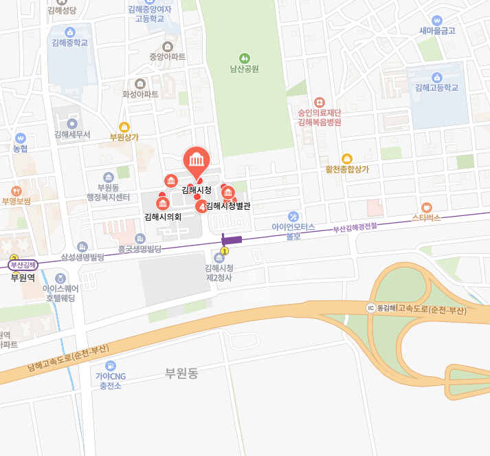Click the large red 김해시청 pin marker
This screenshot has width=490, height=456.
(x=197, y=161)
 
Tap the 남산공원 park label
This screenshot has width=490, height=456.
(x=244, y=69)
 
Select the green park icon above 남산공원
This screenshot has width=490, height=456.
(x=244, y=58)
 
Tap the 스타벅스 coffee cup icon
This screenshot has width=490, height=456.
(x=427, y=207)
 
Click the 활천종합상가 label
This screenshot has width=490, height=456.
(x=347, y=169)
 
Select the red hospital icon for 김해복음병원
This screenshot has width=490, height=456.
(x=319, y=102)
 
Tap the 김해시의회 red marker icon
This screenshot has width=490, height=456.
(x=162, y=204)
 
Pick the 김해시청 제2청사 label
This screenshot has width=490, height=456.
(x=219, y=272)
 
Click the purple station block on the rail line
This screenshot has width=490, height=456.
(x=232, y=239)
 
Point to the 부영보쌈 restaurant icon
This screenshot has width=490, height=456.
(x=16, y=191)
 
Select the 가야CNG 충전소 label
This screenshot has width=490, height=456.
(x=110, y=381)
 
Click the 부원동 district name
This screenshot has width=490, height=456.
(x=181, y=373)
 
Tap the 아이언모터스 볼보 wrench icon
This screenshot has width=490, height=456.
(x=293, y=216)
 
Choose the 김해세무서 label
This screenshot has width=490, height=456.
(x=72, y=135)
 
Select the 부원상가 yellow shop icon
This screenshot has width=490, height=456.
(x=124, y=127)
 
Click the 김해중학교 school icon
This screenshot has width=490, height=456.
(x=69, y=32)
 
